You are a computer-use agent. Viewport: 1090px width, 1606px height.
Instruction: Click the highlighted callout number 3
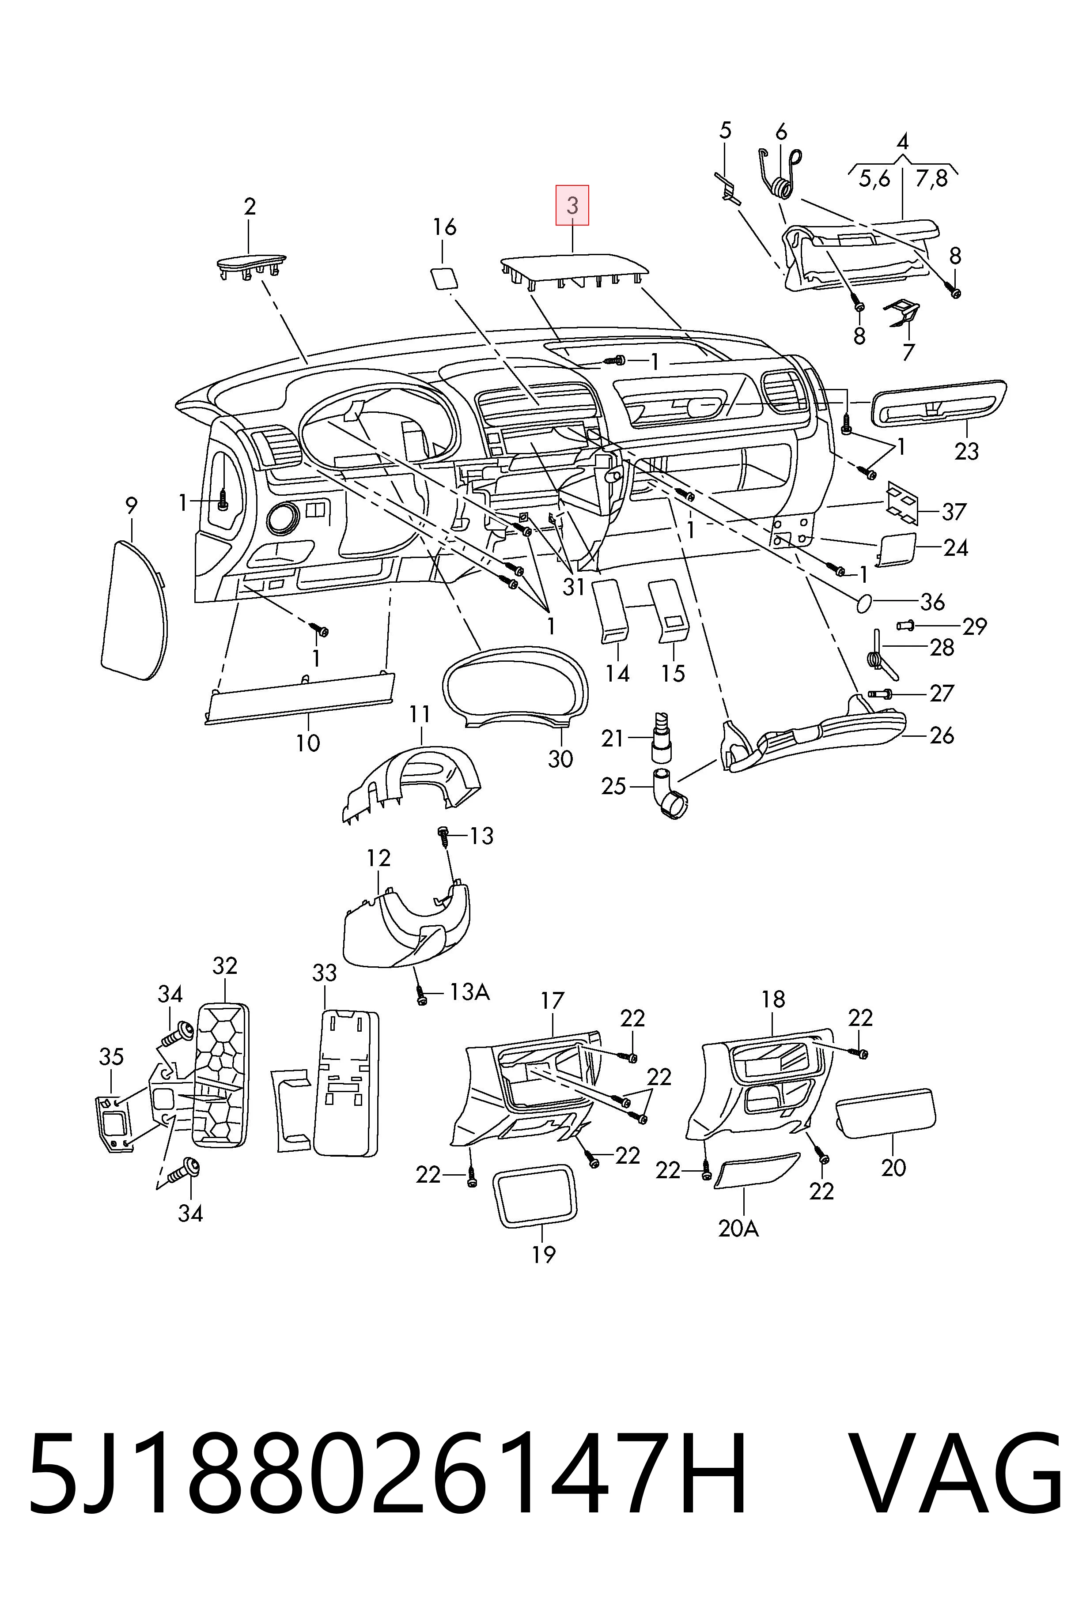click(572, 205)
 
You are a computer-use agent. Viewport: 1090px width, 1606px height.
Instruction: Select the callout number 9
click(131, 506)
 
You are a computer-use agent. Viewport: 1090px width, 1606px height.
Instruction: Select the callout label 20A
click(738, 1229)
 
